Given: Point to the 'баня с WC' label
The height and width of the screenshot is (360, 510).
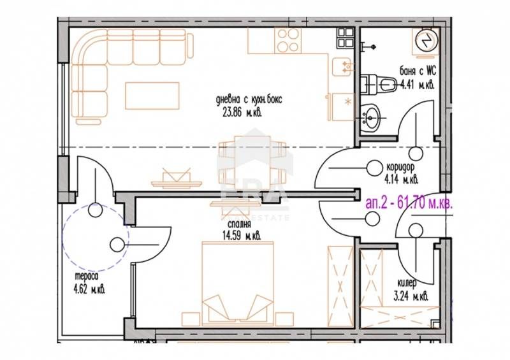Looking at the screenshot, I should pyautogui.click(x=417, y=71).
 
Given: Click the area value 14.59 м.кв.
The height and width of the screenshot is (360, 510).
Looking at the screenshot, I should pyautogui.click(x=240, y=236).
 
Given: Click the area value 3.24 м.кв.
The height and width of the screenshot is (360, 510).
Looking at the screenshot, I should pyautogui.click(x=411, y=296).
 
